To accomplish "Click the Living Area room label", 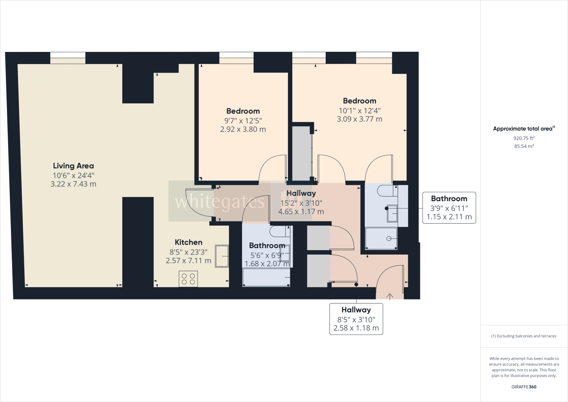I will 73,166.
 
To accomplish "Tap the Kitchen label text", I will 189,242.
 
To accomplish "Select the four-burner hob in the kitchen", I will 188,279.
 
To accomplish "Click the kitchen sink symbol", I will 222,256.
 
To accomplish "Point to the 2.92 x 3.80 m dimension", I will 243,129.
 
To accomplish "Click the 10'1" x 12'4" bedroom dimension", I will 359,111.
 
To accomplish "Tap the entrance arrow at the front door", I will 390,297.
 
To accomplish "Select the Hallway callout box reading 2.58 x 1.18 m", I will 356,319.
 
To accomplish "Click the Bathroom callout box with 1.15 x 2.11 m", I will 449,208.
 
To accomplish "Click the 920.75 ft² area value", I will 524,138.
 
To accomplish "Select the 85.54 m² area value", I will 524,146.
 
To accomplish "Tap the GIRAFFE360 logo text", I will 524,387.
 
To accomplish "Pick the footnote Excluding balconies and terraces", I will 524,336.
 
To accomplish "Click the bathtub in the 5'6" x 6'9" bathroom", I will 266,277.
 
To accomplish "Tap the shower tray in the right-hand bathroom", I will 381,238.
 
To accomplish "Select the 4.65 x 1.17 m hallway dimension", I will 301,212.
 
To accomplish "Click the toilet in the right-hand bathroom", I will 386,191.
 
